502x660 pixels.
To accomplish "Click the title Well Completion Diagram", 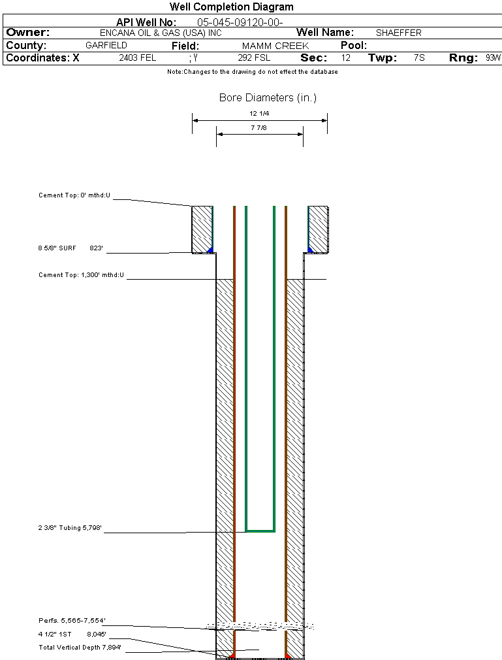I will pos(231,7).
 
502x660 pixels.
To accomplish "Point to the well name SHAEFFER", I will pos(398,33).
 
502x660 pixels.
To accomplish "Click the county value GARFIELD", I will pos(106,46).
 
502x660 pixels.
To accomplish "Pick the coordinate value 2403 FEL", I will pos(138,58).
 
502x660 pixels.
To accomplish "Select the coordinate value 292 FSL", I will pos(254,58).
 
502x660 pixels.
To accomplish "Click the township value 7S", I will pos(419,58).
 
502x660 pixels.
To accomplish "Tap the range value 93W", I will pos(493,58).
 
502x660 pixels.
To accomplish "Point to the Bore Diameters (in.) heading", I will pos(268,98).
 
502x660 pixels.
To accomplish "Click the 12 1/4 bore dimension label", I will pos(259,114).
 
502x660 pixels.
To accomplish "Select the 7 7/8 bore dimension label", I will pos(259,128).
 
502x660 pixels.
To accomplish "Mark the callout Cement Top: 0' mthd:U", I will pos(74,195).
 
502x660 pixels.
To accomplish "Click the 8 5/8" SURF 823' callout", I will pos(71,248).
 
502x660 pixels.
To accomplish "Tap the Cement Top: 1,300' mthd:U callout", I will pos(81,275).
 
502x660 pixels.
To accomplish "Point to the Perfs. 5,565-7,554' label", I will pos(72,620).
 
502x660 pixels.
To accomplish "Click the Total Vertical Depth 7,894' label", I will pos(80,647).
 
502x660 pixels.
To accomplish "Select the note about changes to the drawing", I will pos(253,72).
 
